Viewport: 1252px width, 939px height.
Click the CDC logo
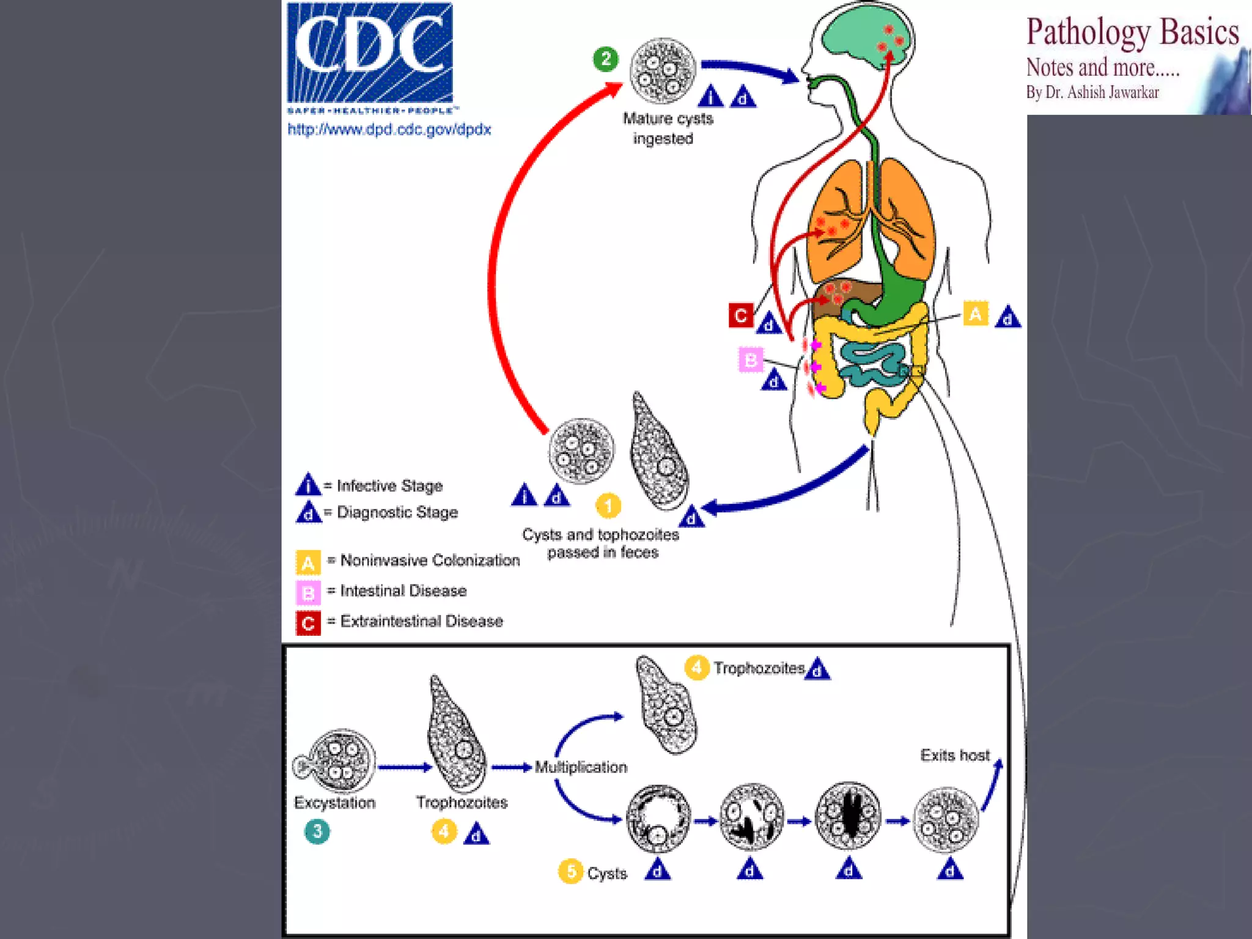[x=370, y=58]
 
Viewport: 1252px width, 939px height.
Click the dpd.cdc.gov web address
[x=389, y=130]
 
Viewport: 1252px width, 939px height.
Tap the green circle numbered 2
[x=606, y=59]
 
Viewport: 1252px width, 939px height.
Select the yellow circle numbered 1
[x=608, y=506]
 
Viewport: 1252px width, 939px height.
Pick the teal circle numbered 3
[x=317, y=831]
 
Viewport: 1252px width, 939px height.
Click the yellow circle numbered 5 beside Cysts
[x=570, y=871]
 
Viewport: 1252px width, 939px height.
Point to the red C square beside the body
[x=740, y=315]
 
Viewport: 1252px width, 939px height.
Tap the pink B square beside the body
[x=751, y=359]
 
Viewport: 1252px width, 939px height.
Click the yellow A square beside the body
[x=976, y=314]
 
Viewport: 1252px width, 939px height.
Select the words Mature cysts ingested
[x=667, y=128]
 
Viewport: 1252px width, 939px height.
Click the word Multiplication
[x=581, y=767]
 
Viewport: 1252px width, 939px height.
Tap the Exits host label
[x=955, y=755]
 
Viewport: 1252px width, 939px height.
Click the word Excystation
[x=335, y=803]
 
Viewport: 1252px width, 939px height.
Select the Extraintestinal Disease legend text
[x=422, y=621]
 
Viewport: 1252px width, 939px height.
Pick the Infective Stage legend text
[x=390, y=486]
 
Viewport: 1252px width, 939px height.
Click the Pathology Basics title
[x=1133, y=32]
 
